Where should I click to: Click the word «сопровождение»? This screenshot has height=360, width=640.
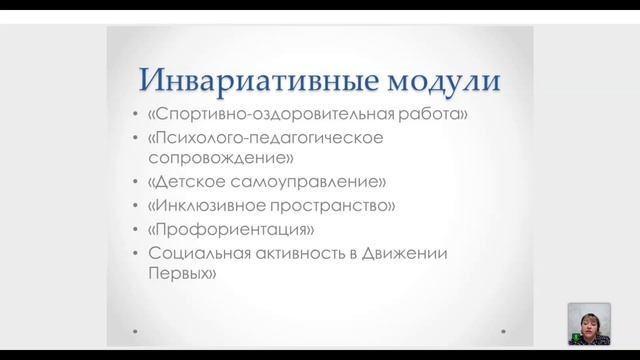[212, 158]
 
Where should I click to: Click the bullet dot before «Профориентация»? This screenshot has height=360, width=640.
[136, 229]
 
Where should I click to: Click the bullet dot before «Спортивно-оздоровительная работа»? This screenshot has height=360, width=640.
[136, 115]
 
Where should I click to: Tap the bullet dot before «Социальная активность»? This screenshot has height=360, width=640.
[136, 252]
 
